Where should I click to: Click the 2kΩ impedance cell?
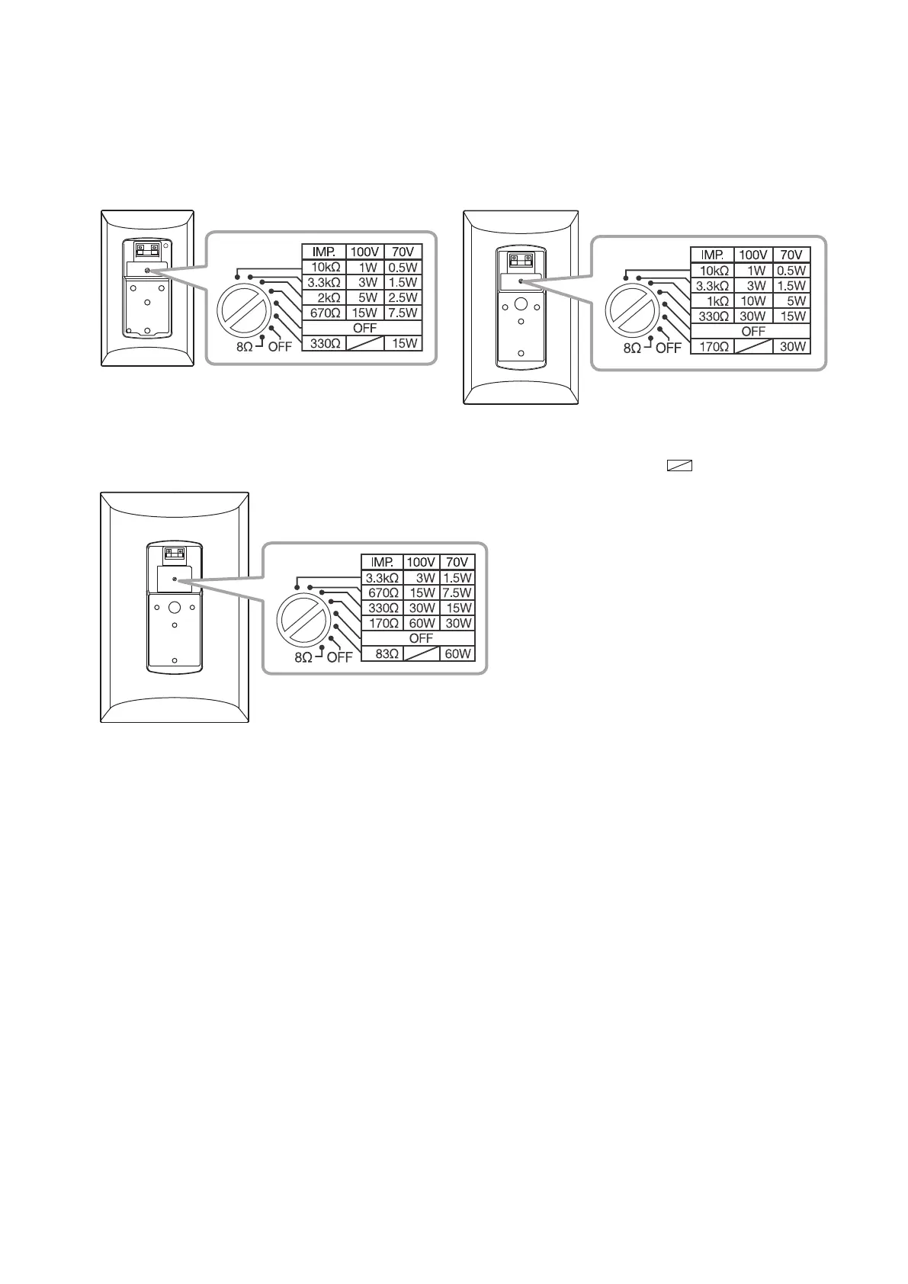pyautogui.click(x=324, y=297)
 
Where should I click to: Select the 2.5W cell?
pyautogui.click(x=403, y=297)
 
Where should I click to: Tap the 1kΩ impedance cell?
pyautogui.click(x=712, y=300)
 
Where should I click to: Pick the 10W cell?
pyautogui.click(x=753, y=300)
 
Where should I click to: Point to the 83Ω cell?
pyautogui.click(x=382, y=653)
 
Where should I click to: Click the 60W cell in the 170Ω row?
pyautogui.click(x=422, y=623)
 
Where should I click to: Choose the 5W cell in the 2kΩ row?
pyautogui.click(x=367, y=297)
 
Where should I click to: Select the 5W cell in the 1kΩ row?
pyautogui.click(x=791, y=300)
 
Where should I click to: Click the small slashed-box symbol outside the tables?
pyautogui.click(x=679, y=466)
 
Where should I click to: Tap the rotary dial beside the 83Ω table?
pyautogui.click(x=303, y=621)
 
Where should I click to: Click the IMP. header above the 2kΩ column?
pyautogui.click(x=324, y=252)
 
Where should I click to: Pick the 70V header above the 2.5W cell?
pyautogui.click(x=403, y=252)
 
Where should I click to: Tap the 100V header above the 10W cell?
pyautogui.click(x=753, y=255)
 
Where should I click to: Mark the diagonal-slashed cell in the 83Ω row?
pyautogui.click(x=422, y=653)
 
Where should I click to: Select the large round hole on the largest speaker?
pyautogui.click(x=174, y=608)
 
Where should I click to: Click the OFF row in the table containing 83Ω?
pyautogui.click(x=421, y=638)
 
